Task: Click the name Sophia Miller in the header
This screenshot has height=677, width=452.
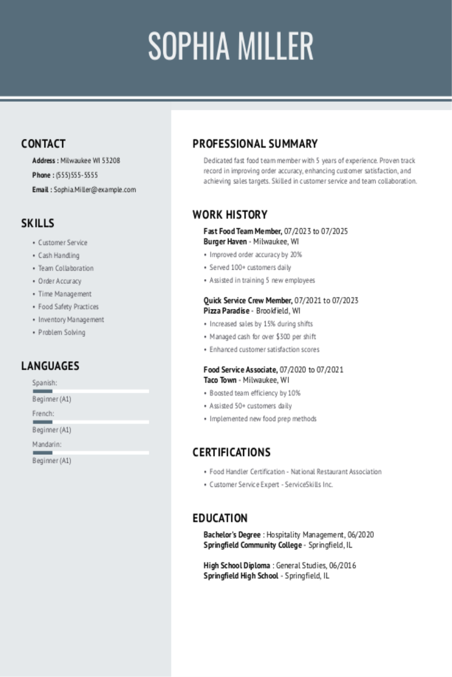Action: point(230,46)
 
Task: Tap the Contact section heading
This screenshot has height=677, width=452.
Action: point(44,144)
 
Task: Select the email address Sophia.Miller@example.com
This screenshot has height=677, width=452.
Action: point(95,190)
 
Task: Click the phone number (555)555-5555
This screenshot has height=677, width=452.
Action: point(77,175)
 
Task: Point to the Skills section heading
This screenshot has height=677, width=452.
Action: point(38,223)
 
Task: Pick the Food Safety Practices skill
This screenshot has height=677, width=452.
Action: point(68,307)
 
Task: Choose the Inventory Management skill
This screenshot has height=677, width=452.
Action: point(71,320)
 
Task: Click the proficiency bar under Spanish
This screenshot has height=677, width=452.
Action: point(91,391)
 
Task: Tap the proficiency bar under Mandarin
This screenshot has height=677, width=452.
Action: point(91,453)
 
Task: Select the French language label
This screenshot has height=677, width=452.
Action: point(43,414)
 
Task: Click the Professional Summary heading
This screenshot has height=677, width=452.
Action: point(255,144)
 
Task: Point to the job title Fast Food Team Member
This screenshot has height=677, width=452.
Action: point(242,232)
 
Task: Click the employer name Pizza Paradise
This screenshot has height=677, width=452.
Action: point(226,311)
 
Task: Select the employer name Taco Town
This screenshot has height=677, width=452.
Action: point(220,380)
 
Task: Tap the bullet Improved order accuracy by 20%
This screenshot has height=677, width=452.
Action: point(255,255)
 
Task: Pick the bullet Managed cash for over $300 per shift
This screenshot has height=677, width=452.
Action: point(262,337)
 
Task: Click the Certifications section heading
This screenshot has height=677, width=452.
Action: point(231,453)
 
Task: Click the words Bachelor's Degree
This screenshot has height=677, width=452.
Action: point(232,535)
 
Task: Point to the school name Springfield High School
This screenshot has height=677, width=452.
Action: point(241,576)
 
